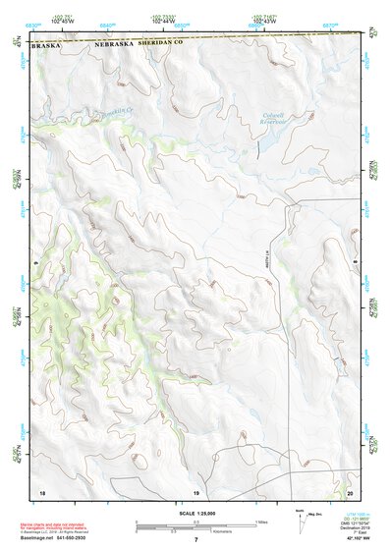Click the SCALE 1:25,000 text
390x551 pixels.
point(195,514)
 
